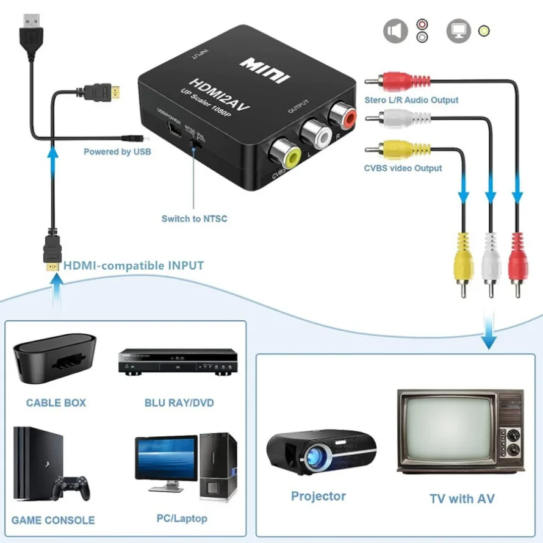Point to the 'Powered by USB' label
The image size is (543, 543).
[117, 151]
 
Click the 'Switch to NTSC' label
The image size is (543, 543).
[194, 218]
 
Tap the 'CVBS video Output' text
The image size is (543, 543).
[403, 168]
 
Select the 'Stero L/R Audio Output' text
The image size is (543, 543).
[411, 99]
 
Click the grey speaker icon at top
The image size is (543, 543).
[395, 31]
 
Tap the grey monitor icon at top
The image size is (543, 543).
[458, 31]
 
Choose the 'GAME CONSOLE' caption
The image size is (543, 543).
[53, 520]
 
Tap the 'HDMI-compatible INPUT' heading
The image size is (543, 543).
[134, 265]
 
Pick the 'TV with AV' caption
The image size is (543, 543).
[462, 498]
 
